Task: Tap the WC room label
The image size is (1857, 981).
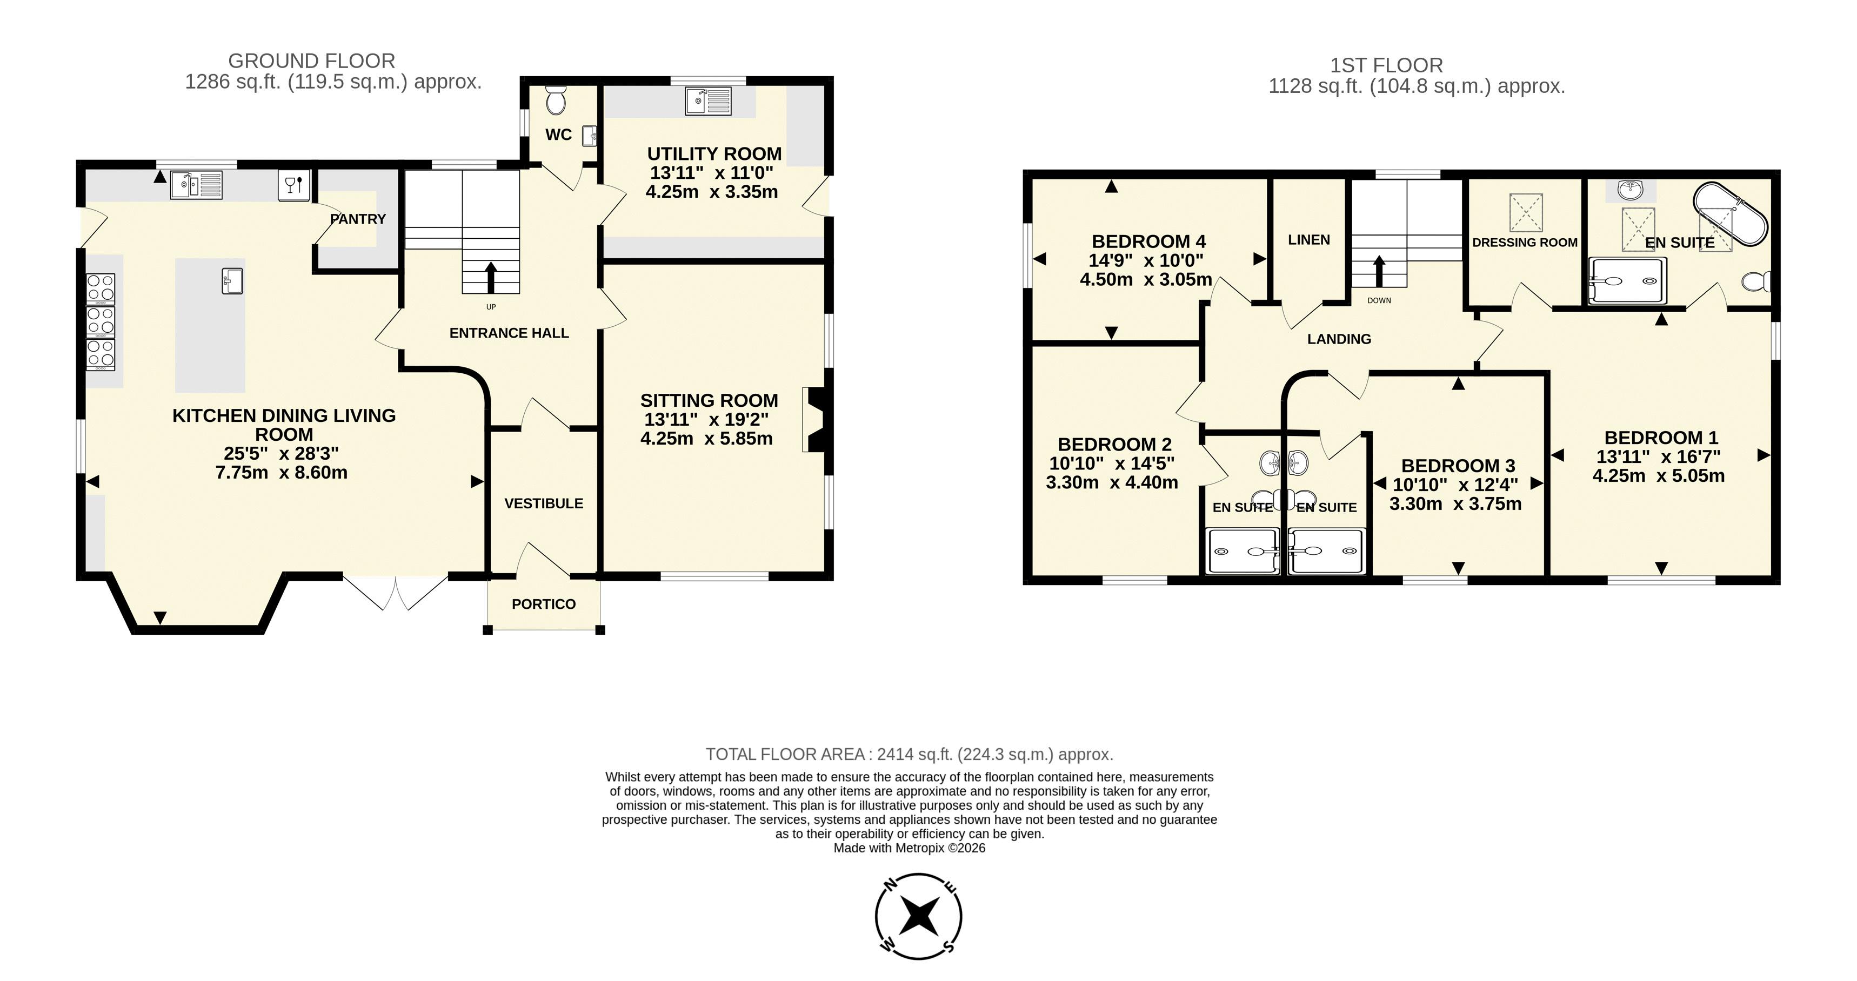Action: click(x=559, y=135)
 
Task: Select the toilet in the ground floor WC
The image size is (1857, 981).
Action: click(x=556, y=101)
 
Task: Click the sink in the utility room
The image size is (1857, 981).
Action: click(x=709, y=101)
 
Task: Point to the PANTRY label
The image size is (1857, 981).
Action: click(x=358, y=219)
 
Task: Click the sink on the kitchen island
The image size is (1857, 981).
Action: click(x=232, y=280)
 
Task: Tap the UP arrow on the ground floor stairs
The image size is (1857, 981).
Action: click(x=491, y=278)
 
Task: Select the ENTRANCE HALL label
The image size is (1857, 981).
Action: click(x=509, y=333)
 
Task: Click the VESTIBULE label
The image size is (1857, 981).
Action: click(x=544, y=504)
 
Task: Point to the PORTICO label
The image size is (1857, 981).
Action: click(x=544, y=604)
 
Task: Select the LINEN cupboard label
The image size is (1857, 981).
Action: click(x=1309, y=240)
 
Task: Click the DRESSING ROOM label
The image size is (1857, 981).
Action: click(x=1525, y=243)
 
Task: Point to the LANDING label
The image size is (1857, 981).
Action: click(x=1339, y=339)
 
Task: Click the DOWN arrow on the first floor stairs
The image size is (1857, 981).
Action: click(x=1379, y=272)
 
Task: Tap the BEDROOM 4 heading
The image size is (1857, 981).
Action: click(x=1148, y=241)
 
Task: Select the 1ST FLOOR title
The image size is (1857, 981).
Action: click(x=1386, y=65)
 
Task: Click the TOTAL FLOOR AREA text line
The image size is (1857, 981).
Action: click(x=909, y=754)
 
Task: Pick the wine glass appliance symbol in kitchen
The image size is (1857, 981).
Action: click(x=294, y=185)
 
